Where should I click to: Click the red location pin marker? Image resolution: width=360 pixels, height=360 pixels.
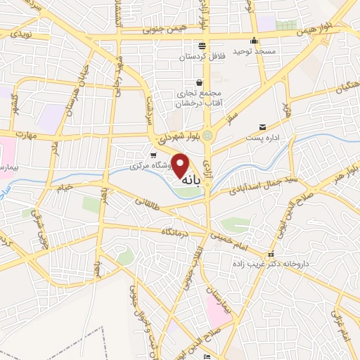click(x=181, y=165)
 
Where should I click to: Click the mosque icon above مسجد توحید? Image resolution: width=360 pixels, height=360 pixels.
click(x=254, y=40)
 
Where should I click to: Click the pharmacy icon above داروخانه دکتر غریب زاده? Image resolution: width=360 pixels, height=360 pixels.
click(x=271, y=254)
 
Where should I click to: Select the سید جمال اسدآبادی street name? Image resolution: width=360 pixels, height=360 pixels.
click(x=255, y=180)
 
